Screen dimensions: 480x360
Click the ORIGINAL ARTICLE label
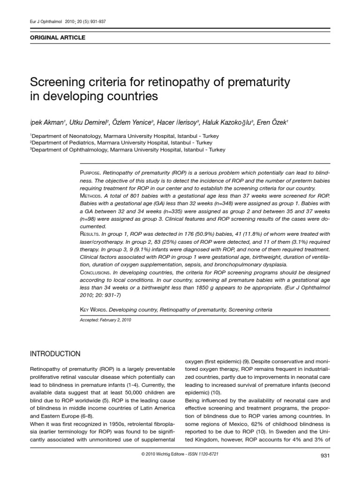[58, 37]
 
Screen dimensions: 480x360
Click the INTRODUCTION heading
[54, 353]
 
